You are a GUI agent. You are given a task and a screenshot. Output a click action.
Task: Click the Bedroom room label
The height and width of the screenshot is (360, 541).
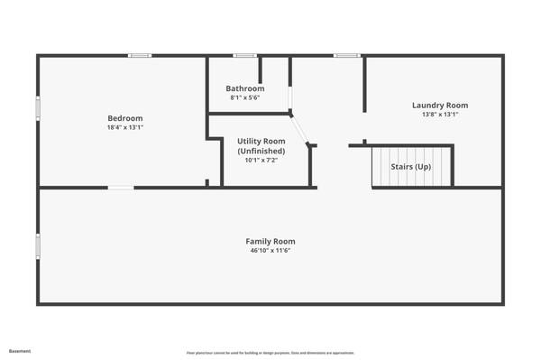[125, 118]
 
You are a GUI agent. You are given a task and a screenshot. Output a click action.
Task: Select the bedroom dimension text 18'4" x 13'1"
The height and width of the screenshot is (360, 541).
[125, 128]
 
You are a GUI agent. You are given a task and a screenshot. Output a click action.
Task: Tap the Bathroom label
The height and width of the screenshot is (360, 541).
[245, 88]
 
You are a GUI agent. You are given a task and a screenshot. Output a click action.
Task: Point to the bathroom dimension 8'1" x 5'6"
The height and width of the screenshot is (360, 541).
[245, 97]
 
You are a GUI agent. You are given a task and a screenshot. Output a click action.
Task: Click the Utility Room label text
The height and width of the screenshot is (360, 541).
[261, 141]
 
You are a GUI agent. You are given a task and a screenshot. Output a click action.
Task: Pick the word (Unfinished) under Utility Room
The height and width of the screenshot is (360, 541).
[261, 151]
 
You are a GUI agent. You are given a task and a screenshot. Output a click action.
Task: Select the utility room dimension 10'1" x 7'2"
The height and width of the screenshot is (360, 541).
[261, 161]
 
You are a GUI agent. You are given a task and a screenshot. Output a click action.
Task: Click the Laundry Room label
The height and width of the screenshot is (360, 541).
[440, 106]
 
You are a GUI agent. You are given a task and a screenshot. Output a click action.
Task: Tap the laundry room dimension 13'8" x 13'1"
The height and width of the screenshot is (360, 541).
[440, 115]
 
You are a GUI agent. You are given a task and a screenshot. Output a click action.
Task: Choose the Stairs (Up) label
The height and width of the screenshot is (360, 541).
[411, 167]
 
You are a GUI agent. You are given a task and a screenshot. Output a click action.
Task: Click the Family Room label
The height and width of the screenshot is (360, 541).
[270, 241]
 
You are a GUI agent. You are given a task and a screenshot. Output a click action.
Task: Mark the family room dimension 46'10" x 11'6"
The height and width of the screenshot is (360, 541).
[270, 251]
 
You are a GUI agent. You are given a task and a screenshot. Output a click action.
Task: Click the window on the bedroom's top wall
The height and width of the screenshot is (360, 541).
[139, 56]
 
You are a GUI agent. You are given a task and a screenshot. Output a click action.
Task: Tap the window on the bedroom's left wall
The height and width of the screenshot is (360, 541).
[38, 107]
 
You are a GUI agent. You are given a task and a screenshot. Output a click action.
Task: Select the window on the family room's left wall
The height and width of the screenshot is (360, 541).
[38, 245]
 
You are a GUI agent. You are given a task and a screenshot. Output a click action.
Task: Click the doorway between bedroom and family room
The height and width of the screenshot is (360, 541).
[121, 188]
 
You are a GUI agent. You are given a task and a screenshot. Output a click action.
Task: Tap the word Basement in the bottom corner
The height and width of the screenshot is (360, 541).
[19, 351]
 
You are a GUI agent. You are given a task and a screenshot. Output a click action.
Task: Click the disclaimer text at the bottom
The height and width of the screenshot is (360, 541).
[270, 352]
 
